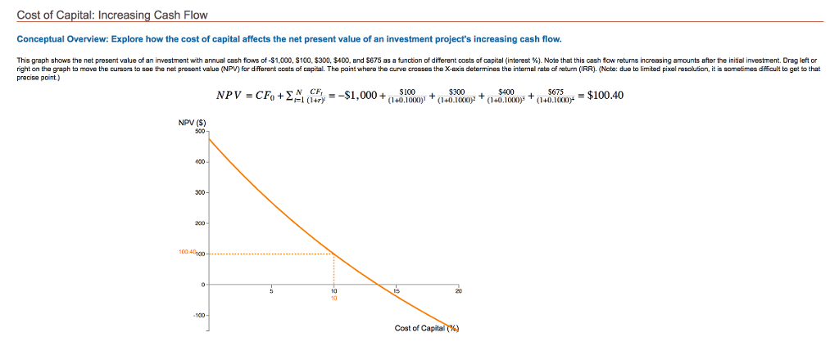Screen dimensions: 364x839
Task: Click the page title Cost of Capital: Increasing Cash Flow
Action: click(x=113, y=16)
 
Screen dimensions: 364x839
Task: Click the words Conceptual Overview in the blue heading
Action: click(x=59, y=39)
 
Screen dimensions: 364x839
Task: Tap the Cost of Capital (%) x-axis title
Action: click(x=427, y=328)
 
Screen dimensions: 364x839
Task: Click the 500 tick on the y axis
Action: click(x=199, y=131)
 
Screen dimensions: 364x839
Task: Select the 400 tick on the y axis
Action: click(x=198, y=162)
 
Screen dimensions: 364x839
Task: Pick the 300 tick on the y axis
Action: click(x=198, y=192)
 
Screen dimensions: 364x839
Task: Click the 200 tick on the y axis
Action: click(x=198, y=223)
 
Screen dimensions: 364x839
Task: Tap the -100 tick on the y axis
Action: click(x=198, y=315)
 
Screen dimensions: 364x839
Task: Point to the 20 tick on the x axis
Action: click(x=459, y=290)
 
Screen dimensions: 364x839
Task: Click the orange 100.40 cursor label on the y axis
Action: click(x=187, y=254)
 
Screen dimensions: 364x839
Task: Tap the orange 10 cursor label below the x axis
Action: click(x=334, y=298)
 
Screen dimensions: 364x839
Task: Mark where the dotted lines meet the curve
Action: click(x=334, y=254)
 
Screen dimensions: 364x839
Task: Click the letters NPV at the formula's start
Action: click(x=229, y=96)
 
